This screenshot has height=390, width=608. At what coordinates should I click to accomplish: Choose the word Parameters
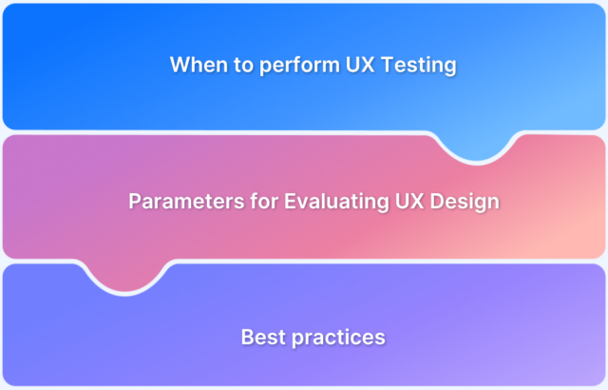(174, 202)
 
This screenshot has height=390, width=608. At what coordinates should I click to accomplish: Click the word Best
(260, 337)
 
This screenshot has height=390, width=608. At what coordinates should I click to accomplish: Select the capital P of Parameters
(134, 202)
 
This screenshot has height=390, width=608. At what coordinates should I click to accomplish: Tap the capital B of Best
(247, 337)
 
